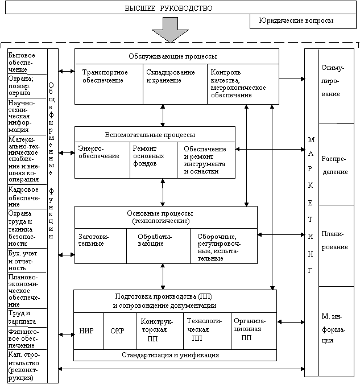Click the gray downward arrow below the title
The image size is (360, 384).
pyautogui.click(x=169, y=30)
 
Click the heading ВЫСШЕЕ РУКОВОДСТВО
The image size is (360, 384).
pyautogui.click(x=168, y=9)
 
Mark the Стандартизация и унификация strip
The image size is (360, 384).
pyautogui.click(x=171, y=355)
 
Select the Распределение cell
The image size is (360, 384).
pyautogui.click(x=336, y=164)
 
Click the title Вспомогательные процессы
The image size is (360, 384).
pyautogui.click(x=151, y=135)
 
